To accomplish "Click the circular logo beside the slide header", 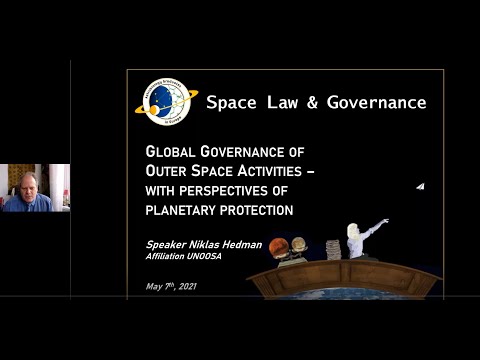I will point(165,101).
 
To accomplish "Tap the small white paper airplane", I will point(421,187).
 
